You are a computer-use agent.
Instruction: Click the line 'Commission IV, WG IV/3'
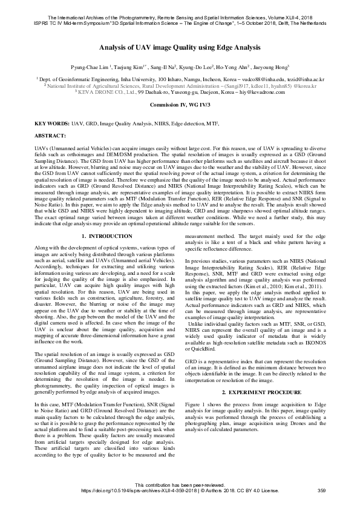[x=180, y=105]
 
